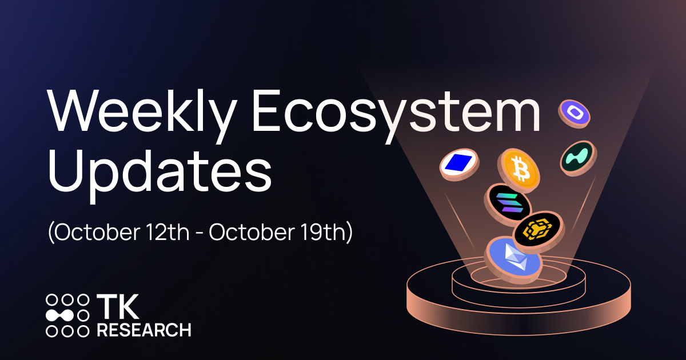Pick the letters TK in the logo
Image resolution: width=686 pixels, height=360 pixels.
[117, 307]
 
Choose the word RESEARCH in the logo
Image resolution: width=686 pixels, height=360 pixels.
[143, 330]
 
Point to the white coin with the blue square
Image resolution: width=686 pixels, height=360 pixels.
[458, 163]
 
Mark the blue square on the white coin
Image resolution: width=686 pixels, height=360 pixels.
[458, 163]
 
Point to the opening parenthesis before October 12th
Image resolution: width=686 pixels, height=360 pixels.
[51, 234]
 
